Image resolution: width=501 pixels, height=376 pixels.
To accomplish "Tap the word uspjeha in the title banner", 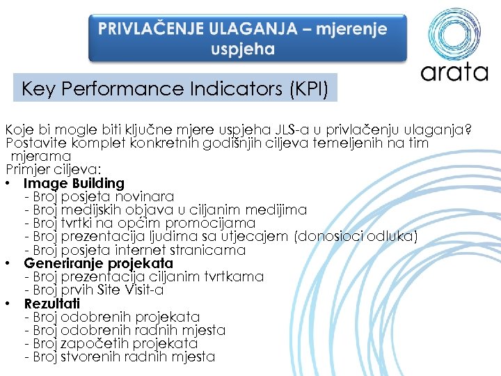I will [x=244, y=50].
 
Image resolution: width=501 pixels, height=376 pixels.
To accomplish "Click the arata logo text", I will [x=454, y=72].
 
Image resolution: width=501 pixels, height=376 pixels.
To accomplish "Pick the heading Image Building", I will [x=74, y=183].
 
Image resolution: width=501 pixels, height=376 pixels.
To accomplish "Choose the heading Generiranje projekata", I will [x=98, y=263].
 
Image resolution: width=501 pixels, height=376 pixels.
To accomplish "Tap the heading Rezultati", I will [x=52, y=304].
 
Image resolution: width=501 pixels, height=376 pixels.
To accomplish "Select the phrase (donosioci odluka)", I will [x=356, y=237].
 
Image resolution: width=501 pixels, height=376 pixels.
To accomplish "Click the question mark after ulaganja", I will [x=468, y=130].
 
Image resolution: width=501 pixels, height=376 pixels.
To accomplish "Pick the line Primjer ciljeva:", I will [x=54, y=170].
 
